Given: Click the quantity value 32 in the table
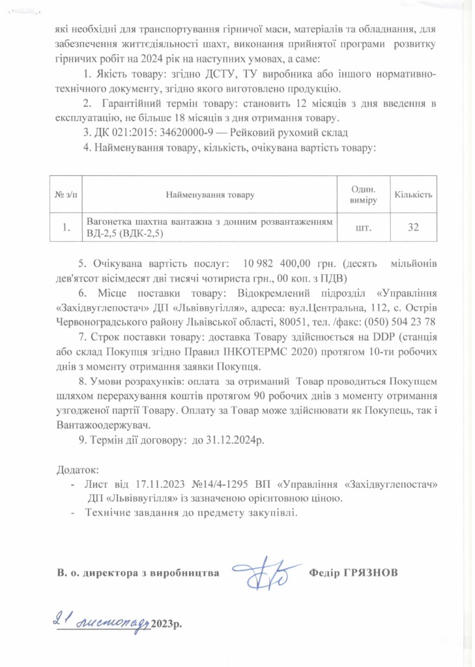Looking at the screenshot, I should pyautogui.click(x=413, y=228).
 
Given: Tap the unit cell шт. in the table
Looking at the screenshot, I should pyautogui.click(x=363, y=228).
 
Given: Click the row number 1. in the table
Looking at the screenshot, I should pyautogui.click(x=66, y=228).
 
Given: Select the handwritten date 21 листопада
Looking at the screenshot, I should pyautogui.click(x=102, y=622).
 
